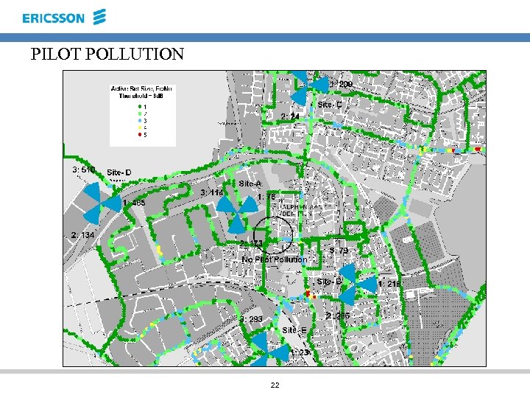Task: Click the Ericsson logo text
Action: pyautogui.click(x=53, y=18)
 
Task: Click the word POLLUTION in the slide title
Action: pyautogui.click(x=141, y=54)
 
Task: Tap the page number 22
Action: pyautogui.click(x=275, y=385)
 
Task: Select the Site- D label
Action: pyautogui.click(x=119, y=172)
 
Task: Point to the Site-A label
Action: pyautogui.click(x=250, y=184)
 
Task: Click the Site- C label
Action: pyautogui.click(x=330, y=105)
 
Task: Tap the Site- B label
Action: pyautogui.click(x=329, y=282)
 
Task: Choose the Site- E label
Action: pyautogui.click(x=294, y=330)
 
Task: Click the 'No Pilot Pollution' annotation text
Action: pyautogui.click(x=275, y=259)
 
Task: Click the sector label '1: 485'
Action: pyautogui.click(x=134, y=203)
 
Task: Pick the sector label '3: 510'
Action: pyautogui.click(x=83, y=170)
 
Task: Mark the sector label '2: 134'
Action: pyautogui.click(x=82, y=235)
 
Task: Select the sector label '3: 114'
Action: pyautogui.click(x=212, y=192)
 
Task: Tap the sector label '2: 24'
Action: pyautogui.click(x=290, y=116)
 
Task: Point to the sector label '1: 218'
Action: pyautogui.click(x=389, y=284)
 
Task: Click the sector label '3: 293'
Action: pyautogui.click(x=251, y=319)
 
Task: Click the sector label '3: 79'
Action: pyautogui.click(x=339, y=251)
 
